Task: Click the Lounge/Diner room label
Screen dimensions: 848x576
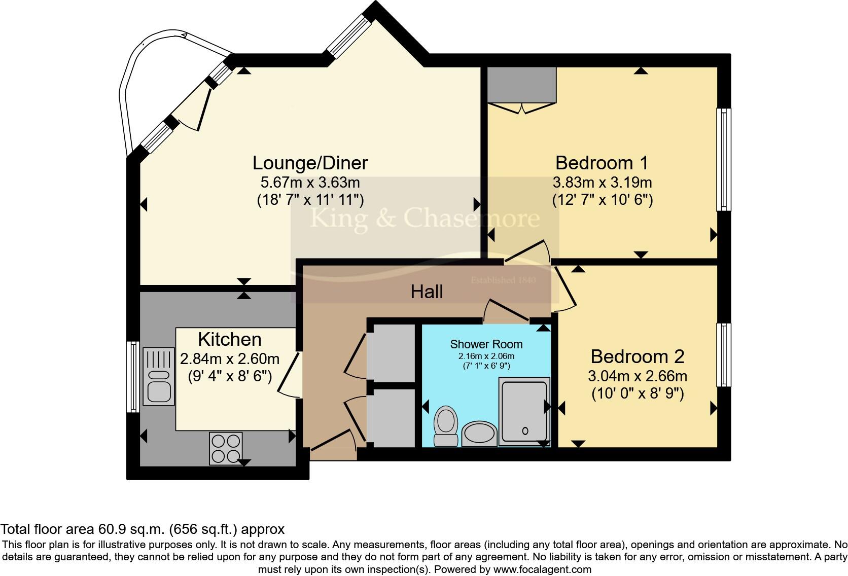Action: (x=310, y=163)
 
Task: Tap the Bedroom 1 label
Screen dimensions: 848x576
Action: (x=602, y=163)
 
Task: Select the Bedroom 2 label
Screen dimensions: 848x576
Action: (x=638, y=356)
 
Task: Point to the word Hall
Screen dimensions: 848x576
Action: (x=427, y=292)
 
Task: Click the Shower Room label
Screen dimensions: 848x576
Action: (x=486, y=344)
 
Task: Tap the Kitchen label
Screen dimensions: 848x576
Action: (x=230, y=340)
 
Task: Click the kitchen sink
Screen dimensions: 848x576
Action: (x=159, y=376)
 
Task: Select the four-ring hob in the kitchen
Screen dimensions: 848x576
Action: (x=226, y=448)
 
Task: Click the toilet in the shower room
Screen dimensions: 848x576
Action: (x=446, y=426)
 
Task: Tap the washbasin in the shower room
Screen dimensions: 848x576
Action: (x=479, y=434)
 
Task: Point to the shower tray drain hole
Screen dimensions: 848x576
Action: (x=525, y=430)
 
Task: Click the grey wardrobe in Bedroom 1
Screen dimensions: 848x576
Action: (x=522, y=85)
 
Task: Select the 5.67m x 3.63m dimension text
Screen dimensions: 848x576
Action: (x=310, y=183)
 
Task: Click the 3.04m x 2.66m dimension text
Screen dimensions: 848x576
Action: (x=638, y=376)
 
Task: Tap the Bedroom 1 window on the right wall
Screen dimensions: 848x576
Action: (x=723, y=159)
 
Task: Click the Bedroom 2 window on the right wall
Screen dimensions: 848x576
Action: (x=723, y=355)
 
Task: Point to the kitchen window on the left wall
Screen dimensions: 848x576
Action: (x=132, y=377)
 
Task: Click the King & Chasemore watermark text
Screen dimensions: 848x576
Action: (x=425, y=219)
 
